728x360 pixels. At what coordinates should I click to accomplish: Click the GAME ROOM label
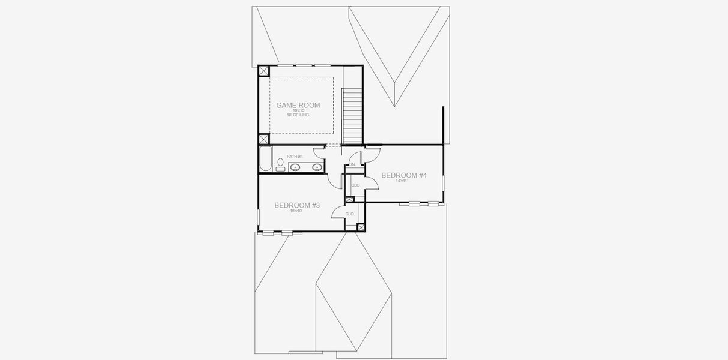(x=298, y=105)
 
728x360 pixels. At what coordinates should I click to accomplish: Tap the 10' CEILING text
(x=298, y=115)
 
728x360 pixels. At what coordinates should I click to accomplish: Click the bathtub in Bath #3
(x=265, y=160)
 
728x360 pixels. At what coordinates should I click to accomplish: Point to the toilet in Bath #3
(x=280, y=163)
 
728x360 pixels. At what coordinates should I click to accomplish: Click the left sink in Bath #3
(x=295, y=167)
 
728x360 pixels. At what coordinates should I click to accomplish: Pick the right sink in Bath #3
(x=317, y=167)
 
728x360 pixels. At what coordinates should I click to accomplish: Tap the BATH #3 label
(x=294, y=157)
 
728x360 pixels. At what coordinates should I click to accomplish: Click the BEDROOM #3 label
(x=297, y=205)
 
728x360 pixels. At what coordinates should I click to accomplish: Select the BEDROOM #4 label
(x=404, y=175)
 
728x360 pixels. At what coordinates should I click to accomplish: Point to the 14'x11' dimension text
(x=402, y=181)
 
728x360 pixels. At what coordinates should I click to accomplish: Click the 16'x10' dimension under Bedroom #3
(x=296, y=211)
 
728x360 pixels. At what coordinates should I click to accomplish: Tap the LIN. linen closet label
(x=353, y=164)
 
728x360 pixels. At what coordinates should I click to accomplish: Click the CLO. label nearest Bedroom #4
(x=355, y=185)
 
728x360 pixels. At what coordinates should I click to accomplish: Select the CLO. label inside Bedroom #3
(x=349, y=214)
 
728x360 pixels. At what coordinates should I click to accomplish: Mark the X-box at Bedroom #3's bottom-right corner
(x=361, y=227)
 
